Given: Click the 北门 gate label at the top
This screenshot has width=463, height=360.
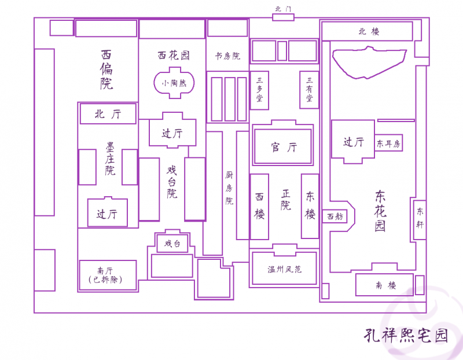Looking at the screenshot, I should [x=284, y=10].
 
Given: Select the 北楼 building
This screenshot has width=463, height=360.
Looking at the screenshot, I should [x=367, y=31].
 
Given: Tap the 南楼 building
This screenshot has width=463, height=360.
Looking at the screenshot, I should [x=384, y=285].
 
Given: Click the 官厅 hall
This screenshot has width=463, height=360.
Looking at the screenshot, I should [x=284, y=147].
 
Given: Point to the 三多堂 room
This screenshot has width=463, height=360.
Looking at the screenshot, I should [x=259, y=90].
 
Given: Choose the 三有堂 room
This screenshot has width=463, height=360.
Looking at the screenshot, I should [x=309, y=90].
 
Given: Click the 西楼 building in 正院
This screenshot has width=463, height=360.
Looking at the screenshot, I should [x=259, y=206].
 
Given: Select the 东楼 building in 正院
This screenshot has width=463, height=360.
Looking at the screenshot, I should [x=310, y=206].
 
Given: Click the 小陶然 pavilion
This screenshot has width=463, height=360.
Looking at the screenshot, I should [x=174, y=83].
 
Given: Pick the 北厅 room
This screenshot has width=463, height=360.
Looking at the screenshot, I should [x=108, y=114].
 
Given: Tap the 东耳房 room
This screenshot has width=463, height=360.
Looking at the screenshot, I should [x=388, y=144].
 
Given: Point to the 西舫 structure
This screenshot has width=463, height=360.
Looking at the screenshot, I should [x=335, y=216].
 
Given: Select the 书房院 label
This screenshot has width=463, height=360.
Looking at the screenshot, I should [x=227, y=56].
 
